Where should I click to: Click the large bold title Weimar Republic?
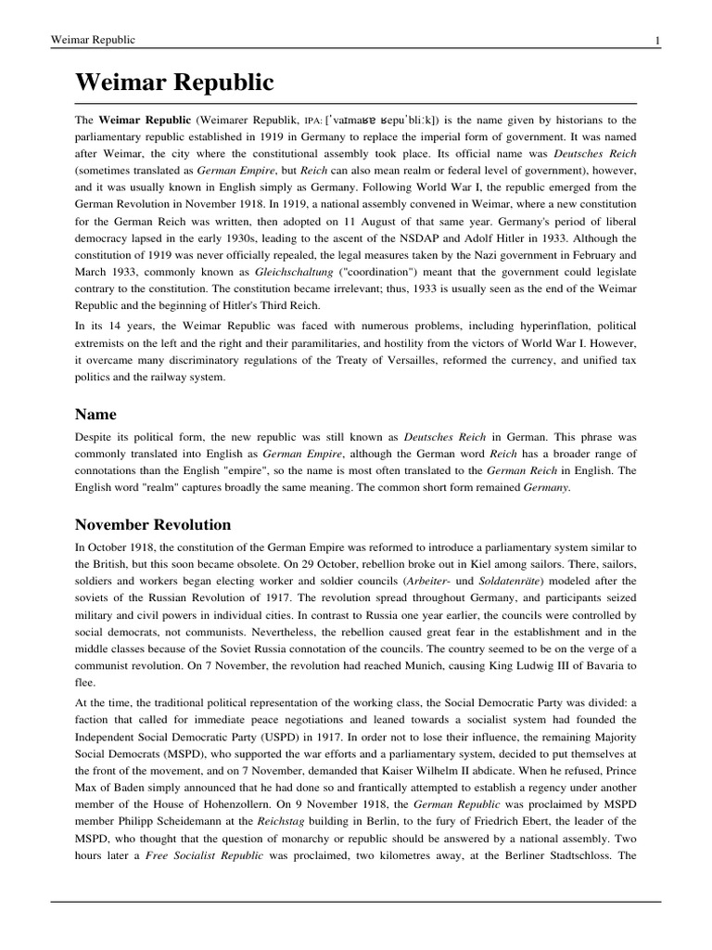tap(174, 83)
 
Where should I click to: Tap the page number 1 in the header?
tap(656, 41)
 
